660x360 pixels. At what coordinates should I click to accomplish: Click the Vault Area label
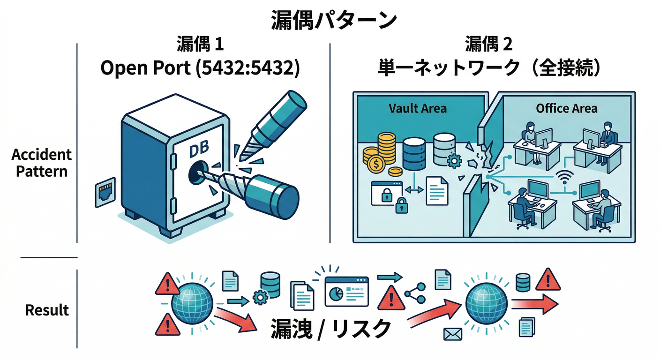click(418, 108)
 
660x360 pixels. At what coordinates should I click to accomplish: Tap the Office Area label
click(567, 109)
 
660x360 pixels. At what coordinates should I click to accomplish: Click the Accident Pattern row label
click(42, 163)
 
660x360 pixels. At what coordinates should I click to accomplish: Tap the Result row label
click(47, 310)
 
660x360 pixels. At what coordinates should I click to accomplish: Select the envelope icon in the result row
click(452, 334)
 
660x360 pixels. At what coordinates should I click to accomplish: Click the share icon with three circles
click(414, 293)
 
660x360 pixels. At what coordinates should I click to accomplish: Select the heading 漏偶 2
click(489, 45)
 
